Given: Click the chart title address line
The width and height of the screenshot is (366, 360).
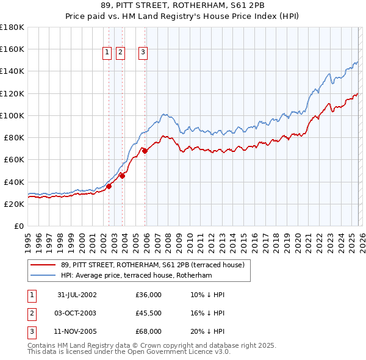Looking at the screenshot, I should [x=182, y=5].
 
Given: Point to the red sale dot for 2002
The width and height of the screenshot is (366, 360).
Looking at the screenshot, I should [x=109, y=187].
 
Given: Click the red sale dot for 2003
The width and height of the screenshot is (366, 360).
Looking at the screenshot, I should [x=122, y=176].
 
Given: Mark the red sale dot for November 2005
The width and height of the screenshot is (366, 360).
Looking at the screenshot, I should [x=145, y=151].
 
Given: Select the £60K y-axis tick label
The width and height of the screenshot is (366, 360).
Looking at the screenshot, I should [x=14, y=160].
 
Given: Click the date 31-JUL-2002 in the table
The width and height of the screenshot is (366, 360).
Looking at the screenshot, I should [x=77, y=295].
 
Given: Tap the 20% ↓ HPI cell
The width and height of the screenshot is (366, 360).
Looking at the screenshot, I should [x=207, y=331].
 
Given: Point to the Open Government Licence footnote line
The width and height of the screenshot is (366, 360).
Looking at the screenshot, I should [x=129, y=352].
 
